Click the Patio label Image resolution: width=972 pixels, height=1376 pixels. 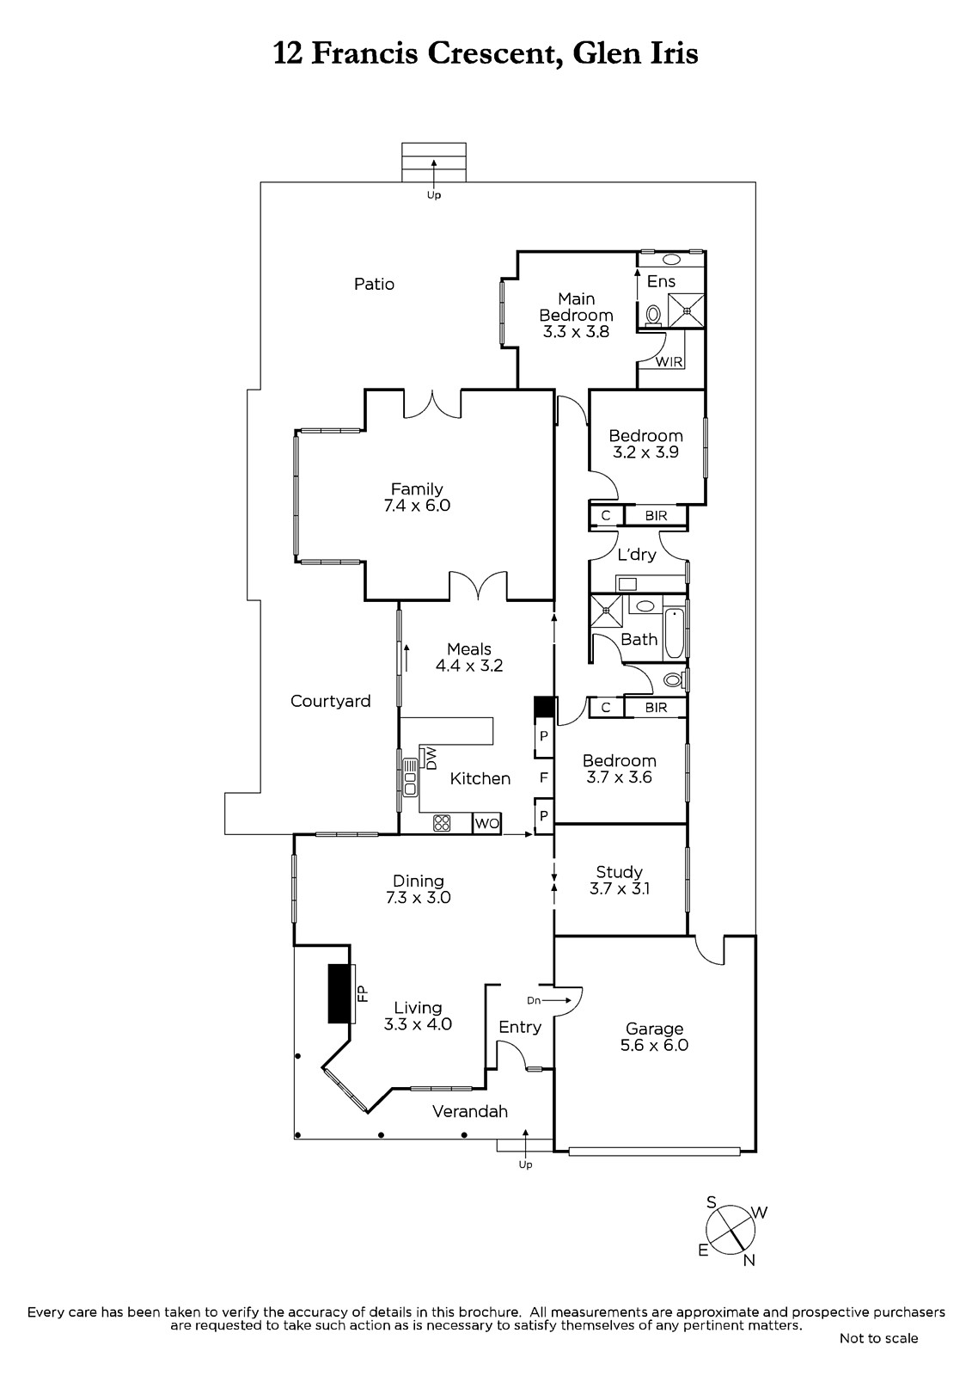click(x=374, y=284)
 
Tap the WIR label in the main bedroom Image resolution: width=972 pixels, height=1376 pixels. click(x=669, y=362)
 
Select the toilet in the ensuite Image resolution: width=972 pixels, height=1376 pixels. click(x=653, y=316)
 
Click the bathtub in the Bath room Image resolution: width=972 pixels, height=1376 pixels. click(x=674, y=634)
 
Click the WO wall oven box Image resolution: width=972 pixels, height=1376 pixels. click(x=487, y=824)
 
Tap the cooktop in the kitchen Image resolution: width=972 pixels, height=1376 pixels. click(x=442, y=823)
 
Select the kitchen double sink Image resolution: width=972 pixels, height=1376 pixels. click(x=410, y=777)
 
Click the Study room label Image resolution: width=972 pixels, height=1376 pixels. click(x=619, y=872)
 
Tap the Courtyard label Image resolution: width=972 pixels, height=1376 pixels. click(x=330, y=701)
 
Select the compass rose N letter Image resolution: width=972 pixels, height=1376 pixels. click(x=749, y=1260)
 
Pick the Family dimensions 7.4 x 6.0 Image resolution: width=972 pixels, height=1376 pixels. click(x=417, y=505)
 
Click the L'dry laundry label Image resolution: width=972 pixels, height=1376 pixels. click(x=637, y=555)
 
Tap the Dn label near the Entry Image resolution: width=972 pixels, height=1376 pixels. click(x=534, y=1001)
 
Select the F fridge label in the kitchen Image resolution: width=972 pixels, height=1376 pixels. click(x=543, y=777)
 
